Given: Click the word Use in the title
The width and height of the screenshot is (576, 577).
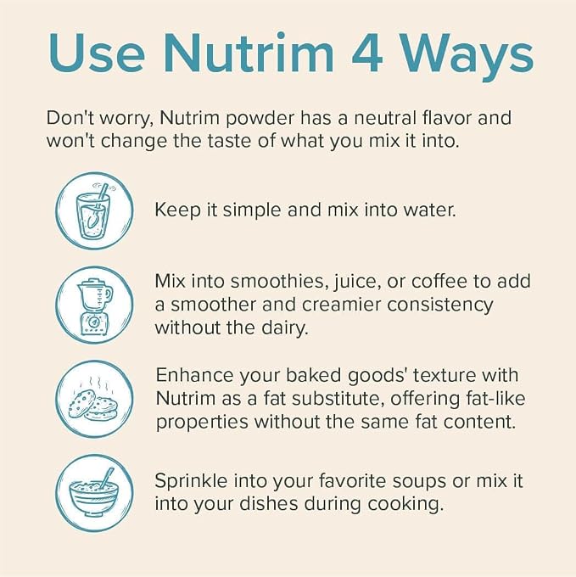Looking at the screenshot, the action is (x=97, y=53).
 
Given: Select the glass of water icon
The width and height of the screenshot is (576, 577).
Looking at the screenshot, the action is (x=94, y=210).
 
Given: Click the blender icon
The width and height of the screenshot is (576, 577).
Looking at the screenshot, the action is (x=94, y=305).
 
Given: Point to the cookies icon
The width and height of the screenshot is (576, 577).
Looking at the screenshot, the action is (x=94, y=400).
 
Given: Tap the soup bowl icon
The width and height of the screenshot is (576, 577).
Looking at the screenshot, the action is (x=94, y=493).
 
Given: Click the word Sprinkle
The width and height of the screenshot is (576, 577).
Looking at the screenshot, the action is (x=191, y=481).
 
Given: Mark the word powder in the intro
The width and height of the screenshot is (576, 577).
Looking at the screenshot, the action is (x=260, y=119).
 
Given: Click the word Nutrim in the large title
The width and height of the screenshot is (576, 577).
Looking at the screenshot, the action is (x=249, y=53).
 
